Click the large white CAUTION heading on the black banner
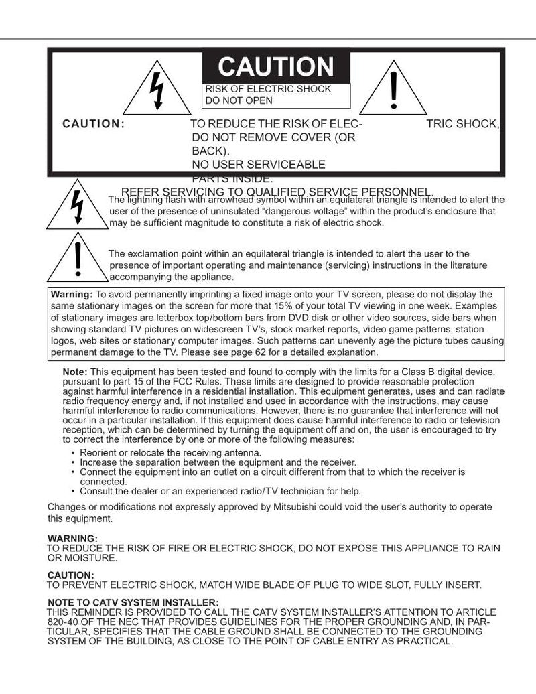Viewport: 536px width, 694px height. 275,67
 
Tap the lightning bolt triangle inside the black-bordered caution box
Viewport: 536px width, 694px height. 157,90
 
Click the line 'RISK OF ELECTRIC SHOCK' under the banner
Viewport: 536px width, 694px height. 268,89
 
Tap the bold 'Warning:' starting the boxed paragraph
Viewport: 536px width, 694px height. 72,294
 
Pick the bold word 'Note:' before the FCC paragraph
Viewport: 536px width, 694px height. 74,372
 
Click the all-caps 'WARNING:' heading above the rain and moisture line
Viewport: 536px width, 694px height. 72,538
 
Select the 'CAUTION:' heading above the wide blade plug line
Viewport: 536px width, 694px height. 70,575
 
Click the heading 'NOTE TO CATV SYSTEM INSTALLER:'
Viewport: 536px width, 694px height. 133,602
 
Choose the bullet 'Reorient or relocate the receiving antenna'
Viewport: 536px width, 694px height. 170,453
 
